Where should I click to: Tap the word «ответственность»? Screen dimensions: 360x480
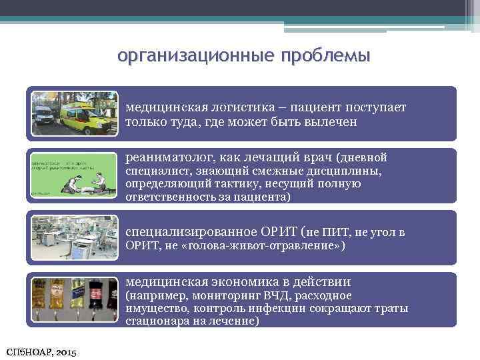(x=169, y=198)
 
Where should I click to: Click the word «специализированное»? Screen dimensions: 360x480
(x=179, y=232)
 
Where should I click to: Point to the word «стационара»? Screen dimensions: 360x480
(x=153, y=321)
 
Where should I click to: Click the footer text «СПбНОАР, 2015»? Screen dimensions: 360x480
(x=41, y=351)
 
